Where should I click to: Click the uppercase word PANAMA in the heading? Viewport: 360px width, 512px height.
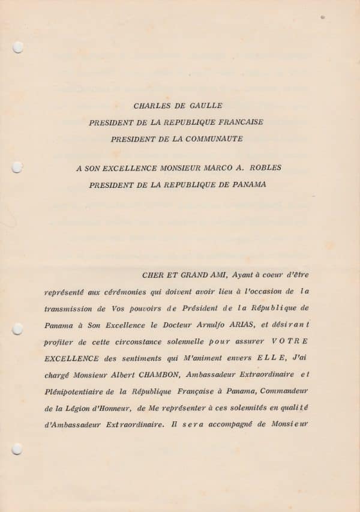(245, 185)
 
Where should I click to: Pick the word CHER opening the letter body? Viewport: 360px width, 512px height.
(154, 276)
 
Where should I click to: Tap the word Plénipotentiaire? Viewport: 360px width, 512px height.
(77, 391)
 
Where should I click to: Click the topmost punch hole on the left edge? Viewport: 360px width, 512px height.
(17, 47)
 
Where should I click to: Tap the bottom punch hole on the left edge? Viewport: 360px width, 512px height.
(17, 448)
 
